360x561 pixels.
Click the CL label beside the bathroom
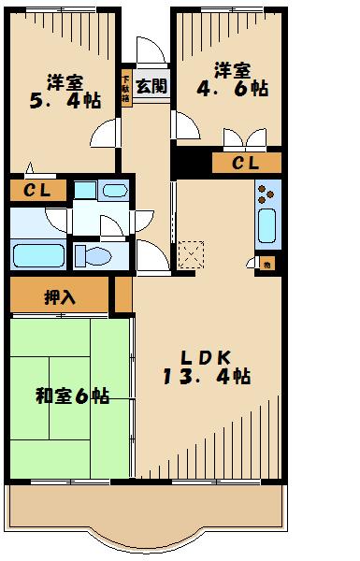tap(36, 191)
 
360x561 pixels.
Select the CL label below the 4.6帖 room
tap(245, 164)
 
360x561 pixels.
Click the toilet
tap(93, 255)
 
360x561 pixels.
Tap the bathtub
tap(36, 253)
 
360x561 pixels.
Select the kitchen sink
tap(265, 226)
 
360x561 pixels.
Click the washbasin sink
tap(114, 192)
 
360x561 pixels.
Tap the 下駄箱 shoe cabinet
tap(125, 85)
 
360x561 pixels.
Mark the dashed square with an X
tap(190, 252)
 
